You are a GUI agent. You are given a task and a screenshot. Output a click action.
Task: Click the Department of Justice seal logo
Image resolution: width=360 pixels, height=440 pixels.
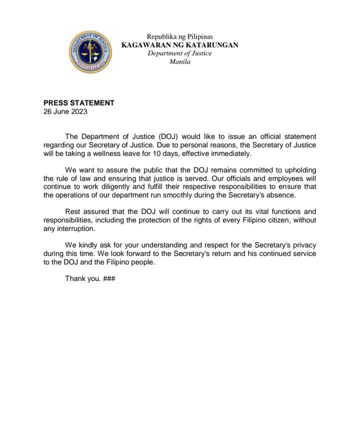point(90,51)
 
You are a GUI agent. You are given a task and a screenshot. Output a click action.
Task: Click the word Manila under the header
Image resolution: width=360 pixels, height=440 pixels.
point(180,62)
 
